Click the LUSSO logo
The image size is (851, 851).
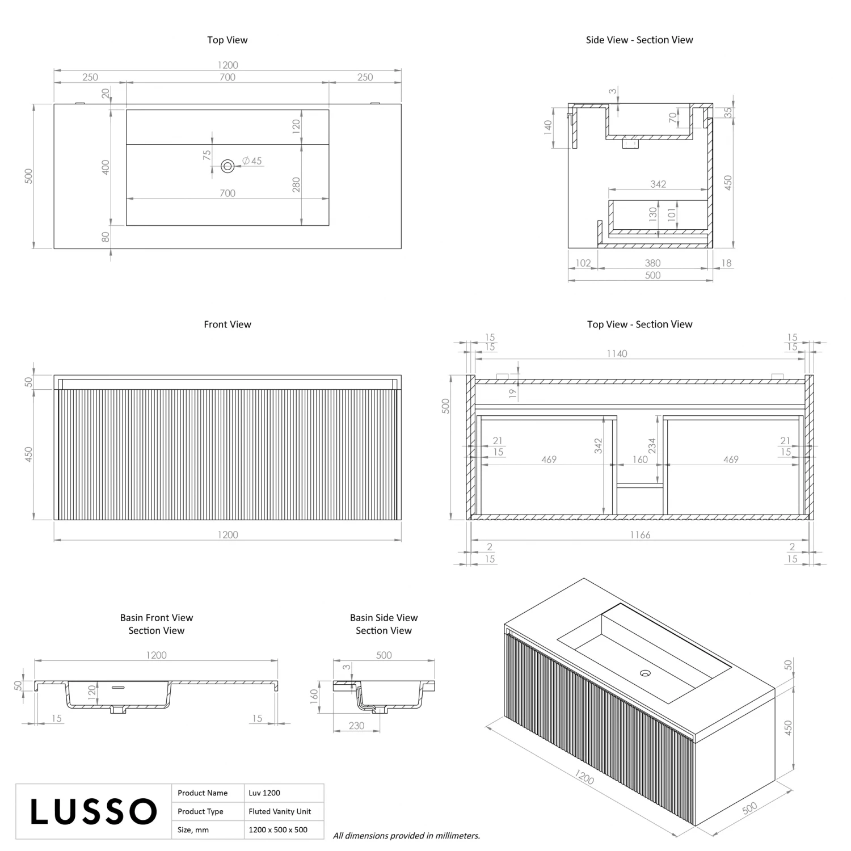click(93, 811)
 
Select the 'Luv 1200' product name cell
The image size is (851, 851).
click(264, 793)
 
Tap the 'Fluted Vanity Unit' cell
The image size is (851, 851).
click(280, 811)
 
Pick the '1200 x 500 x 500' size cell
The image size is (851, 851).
click(278, 829)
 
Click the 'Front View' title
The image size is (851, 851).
click(228, 325)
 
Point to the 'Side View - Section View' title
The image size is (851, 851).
click(639, 40)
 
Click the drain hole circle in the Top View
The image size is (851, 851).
click(228, 166)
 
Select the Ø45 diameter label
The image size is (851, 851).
click(252, 161)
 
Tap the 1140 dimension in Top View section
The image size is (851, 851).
click(617, 353)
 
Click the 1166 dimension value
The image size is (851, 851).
click(640, 534)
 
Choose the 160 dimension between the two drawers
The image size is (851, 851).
click(640, 460)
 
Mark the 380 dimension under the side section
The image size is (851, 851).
click(652, 263)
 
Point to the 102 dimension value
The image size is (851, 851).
click(583, 263)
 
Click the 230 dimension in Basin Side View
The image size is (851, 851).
click(356, 726)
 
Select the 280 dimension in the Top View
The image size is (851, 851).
click(296, 184)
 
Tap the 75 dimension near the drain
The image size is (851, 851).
click(207, 153)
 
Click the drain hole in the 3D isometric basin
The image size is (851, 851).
click(645, 673)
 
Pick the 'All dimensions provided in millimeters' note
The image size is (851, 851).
click(406, 835)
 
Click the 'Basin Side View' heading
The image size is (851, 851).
click(384, 617)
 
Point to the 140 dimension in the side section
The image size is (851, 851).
click(548, 127)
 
